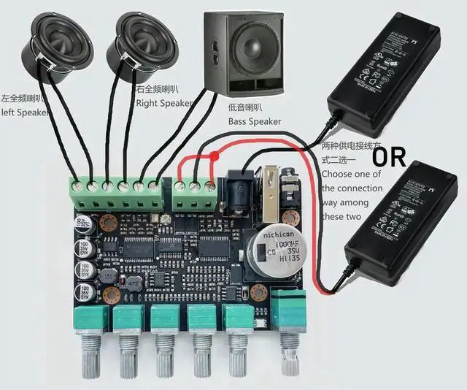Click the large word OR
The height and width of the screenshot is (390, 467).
390,156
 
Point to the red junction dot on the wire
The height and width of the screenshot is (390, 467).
215,156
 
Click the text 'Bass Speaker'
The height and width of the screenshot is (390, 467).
255,121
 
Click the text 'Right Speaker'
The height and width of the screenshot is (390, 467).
163,103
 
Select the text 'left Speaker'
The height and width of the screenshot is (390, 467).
26,112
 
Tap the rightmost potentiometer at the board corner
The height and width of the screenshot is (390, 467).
289,310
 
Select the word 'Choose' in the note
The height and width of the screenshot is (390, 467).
339,174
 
